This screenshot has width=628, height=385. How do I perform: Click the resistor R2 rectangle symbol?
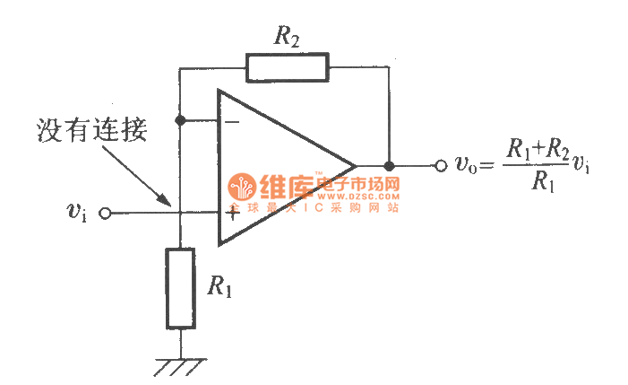pyautogui.click(x=287, y=67)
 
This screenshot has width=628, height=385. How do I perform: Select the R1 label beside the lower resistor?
pyautogui.click(x=220, y=286)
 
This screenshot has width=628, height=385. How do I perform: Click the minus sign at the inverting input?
pyautogui.click(x=230, y=120)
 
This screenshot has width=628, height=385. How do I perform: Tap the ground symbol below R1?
pyautogui.click(x=179, y=367)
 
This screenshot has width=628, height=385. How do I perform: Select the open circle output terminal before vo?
pyautogui.click(x=440, y=166)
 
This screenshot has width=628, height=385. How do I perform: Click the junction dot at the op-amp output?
pyautogui.click(x=389, y=166)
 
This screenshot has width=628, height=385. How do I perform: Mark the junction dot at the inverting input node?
pyautogui.click(x=180, y=119)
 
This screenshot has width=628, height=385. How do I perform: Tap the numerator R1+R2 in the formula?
pyautogui.click(x=538, y=148)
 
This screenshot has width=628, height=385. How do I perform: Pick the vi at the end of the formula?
pyautogui.click(x=582, y=167)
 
